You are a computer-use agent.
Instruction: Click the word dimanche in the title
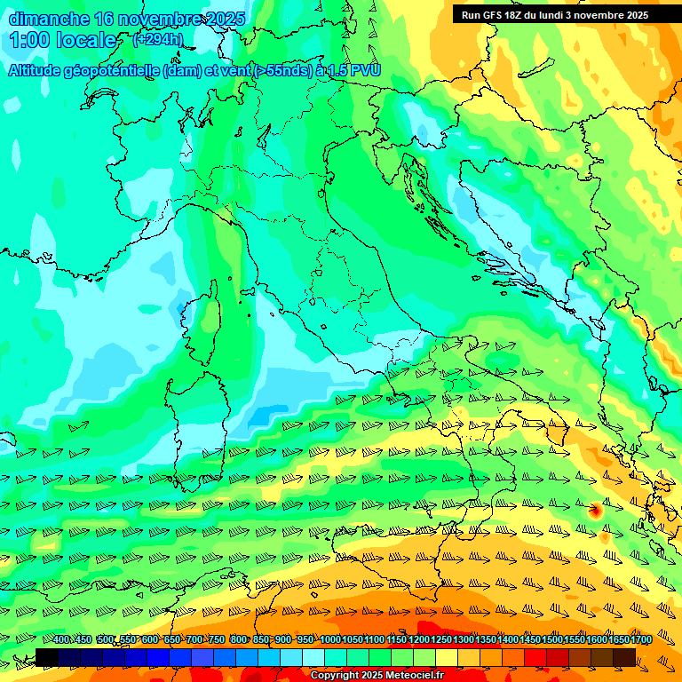[x=49, y=19]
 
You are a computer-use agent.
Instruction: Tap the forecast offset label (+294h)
[x=158, y=39]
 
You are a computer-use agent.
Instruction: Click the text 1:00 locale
[x=64, y=40]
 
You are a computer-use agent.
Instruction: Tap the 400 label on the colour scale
[x=61, y=639]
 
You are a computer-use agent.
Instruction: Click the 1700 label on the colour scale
[x=617, y=639]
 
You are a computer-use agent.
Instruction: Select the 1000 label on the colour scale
[x=329, y=639]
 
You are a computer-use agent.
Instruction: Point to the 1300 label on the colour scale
[x=463, y=639]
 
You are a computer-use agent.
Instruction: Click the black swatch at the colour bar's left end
[x=47, y=657]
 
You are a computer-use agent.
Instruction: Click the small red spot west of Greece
[x=595, y=510]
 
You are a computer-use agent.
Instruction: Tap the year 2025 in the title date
[x=226, y=19]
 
